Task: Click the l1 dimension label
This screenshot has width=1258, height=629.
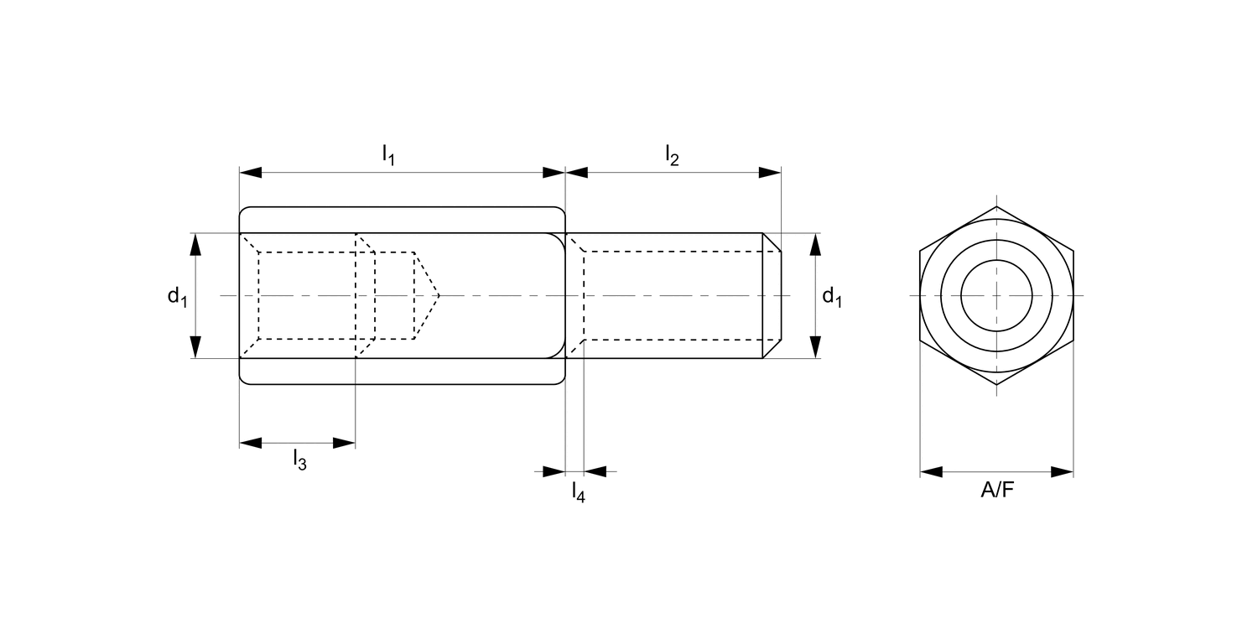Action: tap(388, 154)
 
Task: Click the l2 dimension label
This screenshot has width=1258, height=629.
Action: tap(673, 154)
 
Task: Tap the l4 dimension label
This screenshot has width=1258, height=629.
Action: tap(579, 491)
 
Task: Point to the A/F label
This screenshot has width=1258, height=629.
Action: tap(997, 491)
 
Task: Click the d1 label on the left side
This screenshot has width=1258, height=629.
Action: tap(178, 296)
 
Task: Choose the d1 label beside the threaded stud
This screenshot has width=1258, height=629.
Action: tap(832, 296)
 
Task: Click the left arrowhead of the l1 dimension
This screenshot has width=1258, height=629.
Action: tap(251, 173)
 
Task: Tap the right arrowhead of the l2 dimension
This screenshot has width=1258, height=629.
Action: tap(770, 173)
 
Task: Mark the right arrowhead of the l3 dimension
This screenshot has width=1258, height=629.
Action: tap(344, 443)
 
